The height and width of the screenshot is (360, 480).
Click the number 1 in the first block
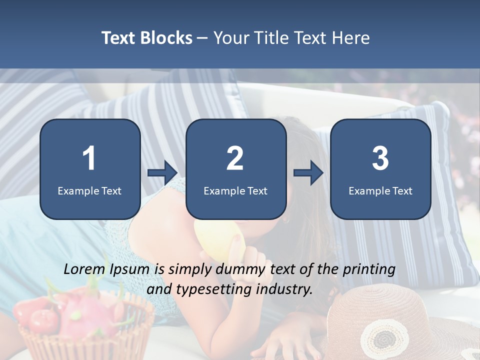89,158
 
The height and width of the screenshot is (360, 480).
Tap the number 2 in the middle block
235,158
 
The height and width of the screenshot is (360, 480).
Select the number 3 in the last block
380,158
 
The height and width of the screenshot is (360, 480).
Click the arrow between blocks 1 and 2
162,173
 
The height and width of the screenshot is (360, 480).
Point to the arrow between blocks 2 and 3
308,173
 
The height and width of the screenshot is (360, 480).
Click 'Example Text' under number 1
89,190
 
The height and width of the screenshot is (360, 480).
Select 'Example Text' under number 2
235,190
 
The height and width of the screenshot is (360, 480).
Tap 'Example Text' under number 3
380,190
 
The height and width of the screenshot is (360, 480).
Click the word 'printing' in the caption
369,270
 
